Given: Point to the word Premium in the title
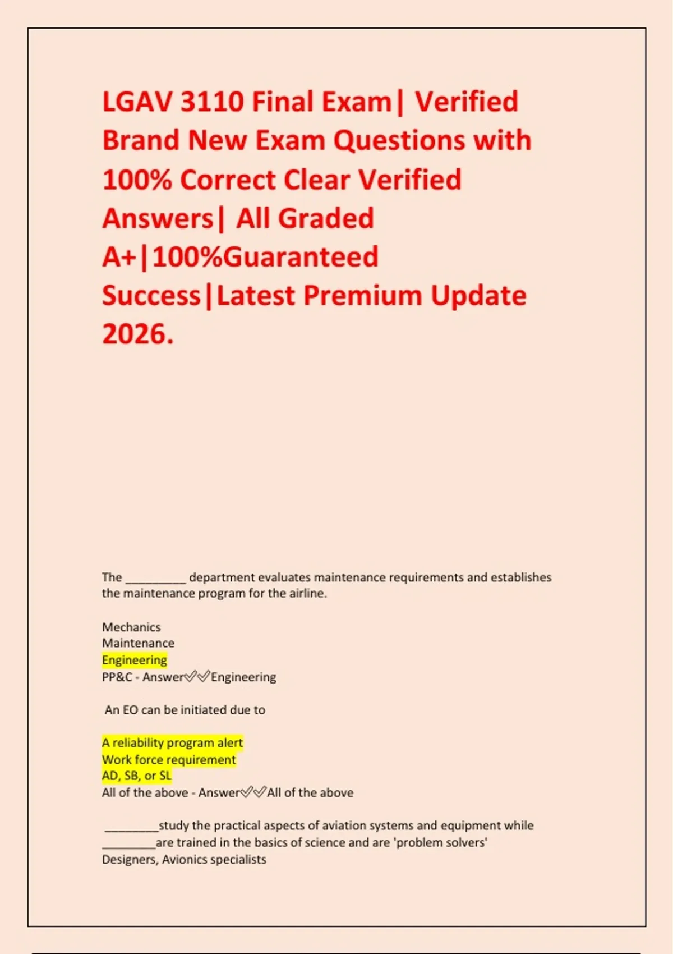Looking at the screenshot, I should [x=362, y=296].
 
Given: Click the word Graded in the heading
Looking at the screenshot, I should [x=326, y=218].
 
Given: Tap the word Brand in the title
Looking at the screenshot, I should [x=141, y=140].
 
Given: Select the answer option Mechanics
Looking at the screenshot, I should [x=131, y=627].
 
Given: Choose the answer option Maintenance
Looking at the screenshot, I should [x=138, y=643].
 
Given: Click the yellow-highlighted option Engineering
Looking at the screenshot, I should [x=135, y=660].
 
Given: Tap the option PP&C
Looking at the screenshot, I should [x=117, y=677].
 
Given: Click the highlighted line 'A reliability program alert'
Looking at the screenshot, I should [x=172, y=743].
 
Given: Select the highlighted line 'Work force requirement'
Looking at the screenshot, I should [x=169, y=760].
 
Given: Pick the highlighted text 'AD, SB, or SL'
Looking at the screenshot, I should [x=137, y=776].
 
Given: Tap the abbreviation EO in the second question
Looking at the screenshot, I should [x=130, y=710].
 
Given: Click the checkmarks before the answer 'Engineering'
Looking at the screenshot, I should [x=197, y=677].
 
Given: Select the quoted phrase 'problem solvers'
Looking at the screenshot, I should [x=442, y=842].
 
